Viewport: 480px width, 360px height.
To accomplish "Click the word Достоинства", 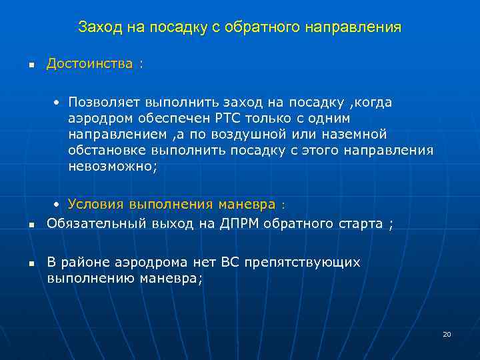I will click(x=89, y=64).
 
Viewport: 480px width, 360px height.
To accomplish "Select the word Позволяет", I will click(x=99, y=102).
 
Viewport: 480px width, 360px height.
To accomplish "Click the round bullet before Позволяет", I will click(x=58, y=103).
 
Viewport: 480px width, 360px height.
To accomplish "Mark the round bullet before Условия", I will click(x=58, y=204).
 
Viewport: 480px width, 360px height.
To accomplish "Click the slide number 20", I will click(x=447, y=334).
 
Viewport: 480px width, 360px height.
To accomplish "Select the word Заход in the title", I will click(x=97, y=27).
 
